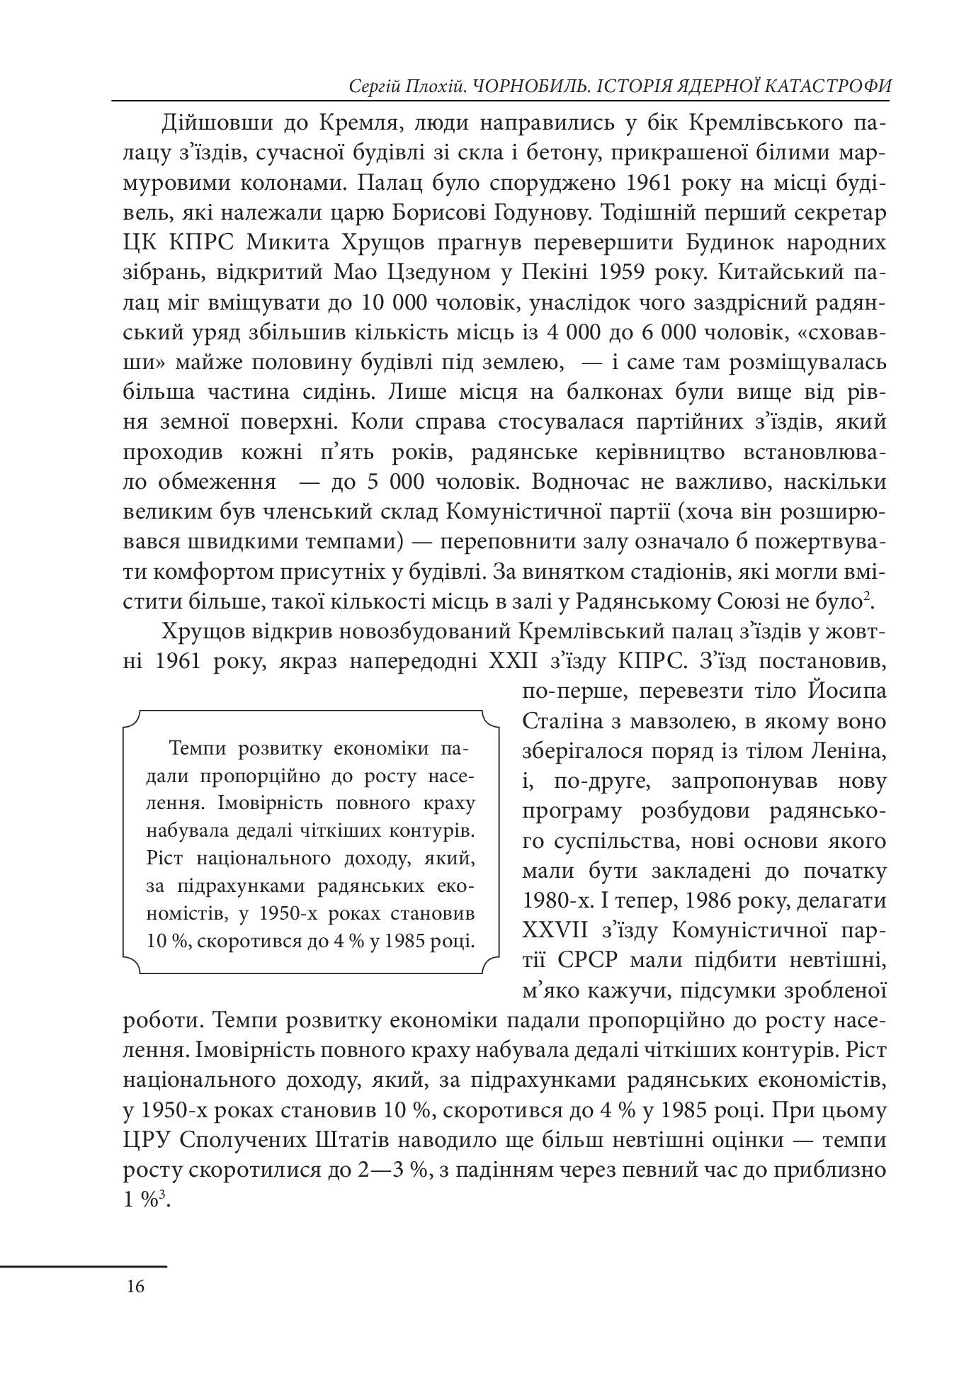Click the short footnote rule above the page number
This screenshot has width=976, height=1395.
point(84,1265)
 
